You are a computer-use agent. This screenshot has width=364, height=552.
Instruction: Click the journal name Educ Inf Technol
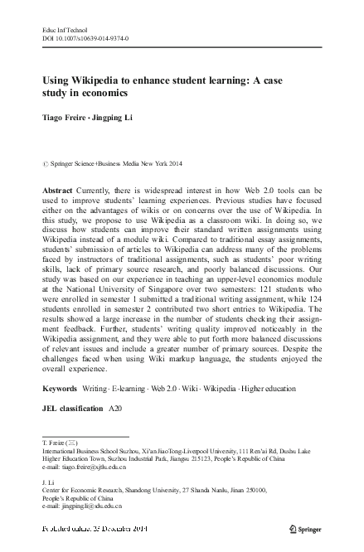point(64,30)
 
